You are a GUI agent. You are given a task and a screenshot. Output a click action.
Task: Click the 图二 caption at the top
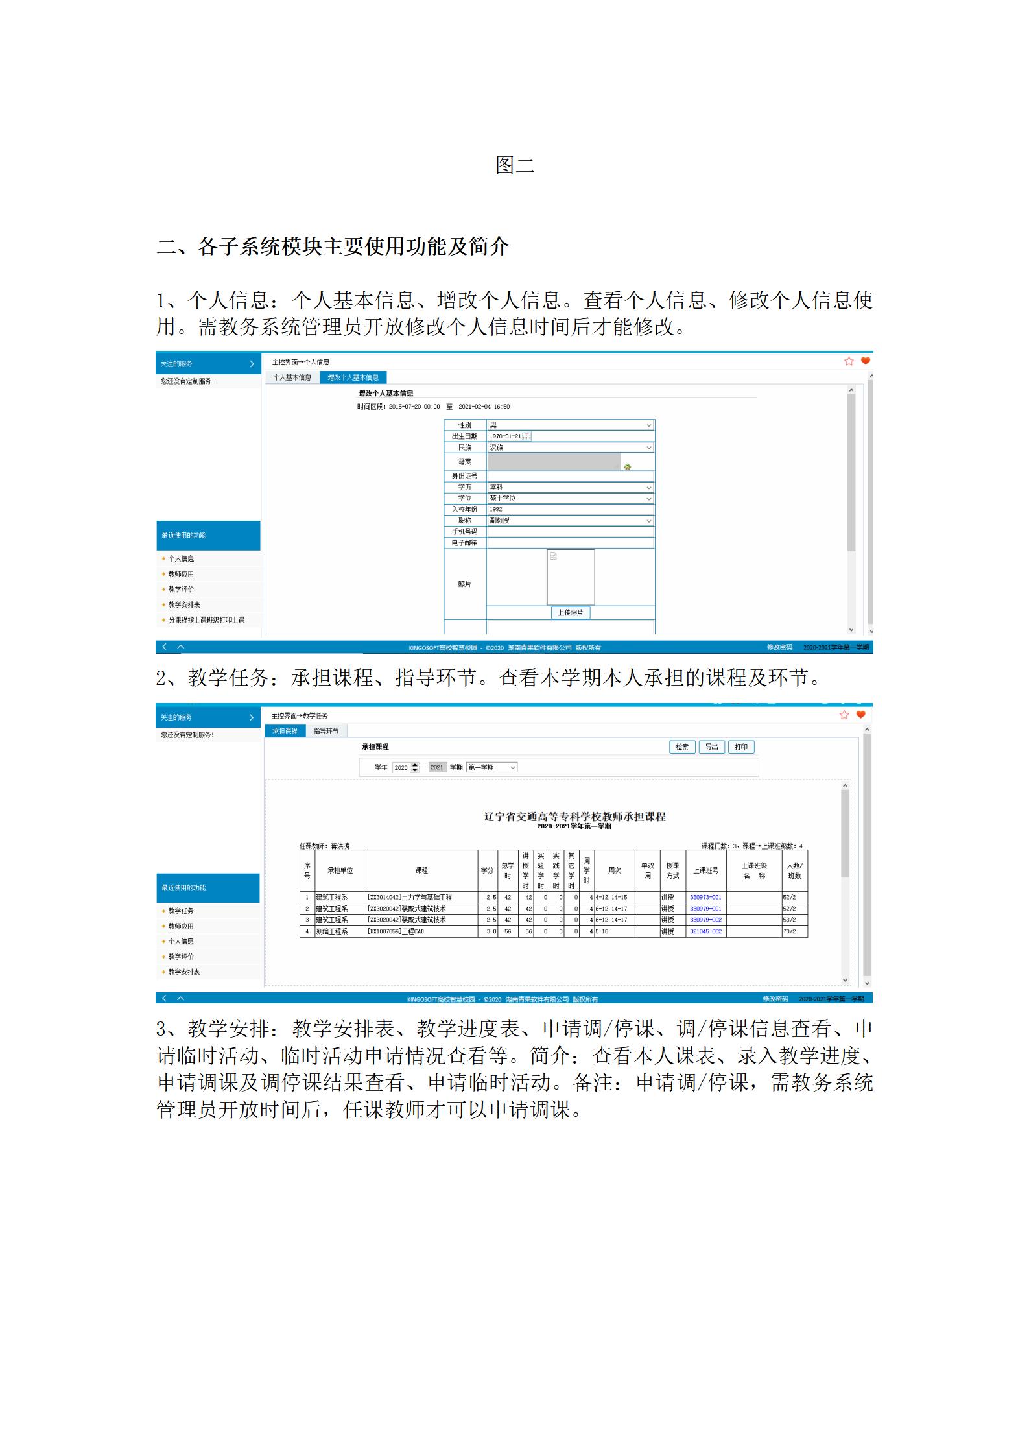click(x=514, y=165)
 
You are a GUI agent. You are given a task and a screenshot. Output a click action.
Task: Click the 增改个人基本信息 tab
click(x=353, y=377)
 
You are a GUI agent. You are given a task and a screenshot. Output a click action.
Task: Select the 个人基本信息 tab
click(x=292, y=377)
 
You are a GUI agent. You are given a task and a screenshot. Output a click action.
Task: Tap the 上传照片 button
click(x=571, y=612)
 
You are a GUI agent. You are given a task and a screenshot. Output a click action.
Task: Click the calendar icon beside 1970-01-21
click(x=526, y=436)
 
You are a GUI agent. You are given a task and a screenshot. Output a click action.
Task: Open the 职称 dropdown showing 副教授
click(x=571, y=521)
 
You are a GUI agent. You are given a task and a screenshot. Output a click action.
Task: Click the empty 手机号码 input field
click(x=571, y=532)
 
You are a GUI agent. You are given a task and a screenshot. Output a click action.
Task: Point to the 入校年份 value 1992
click(x=496, y=510)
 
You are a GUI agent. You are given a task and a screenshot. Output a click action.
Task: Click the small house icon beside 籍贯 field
click(x=627, y=466)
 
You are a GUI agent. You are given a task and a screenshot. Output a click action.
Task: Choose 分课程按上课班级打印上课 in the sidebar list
click(x=206, y=620)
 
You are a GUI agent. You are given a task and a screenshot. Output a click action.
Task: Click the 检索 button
click(x=682, y=747)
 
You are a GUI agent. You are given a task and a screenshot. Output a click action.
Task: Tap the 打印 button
click(x=741, y=747)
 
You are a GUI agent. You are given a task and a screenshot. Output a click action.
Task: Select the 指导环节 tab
click(x=326, y=731)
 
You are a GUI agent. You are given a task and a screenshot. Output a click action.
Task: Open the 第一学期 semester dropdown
click(x=492, y=767)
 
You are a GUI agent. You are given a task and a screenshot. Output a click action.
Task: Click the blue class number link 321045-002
click(x=705, y=931)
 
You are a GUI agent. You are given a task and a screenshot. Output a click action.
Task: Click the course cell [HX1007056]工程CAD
click(x=396, y=931)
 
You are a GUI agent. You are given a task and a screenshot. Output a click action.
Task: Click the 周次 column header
click(x=614, y=870)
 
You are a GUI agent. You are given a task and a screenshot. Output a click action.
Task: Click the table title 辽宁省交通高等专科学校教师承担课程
click(x=574, y=817)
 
